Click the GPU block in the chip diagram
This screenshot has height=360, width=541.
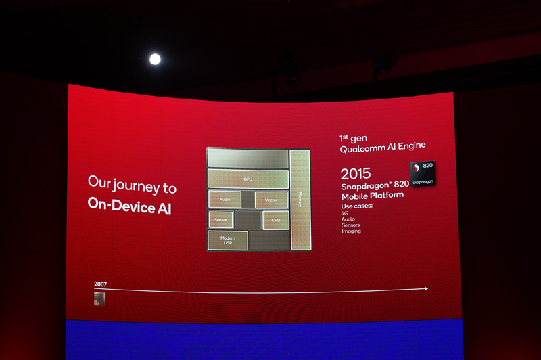tap(248, 179)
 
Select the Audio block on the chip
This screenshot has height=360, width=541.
tap(225, 200)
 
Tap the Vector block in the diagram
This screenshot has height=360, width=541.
tap(271, 200)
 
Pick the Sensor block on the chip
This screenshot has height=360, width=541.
tap(220, 220)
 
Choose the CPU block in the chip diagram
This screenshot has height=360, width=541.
tap(275, 220)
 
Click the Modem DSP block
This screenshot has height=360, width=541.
tap(227, 240)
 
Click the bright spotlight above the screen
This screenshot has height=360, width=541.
tap(155, 59)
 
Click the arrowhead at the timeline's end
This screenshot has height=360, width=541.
tap(425, 288)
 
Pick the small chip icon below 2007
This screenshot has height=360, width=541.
tap(100, 298)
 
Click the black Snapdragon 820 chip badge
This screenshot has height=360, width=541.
tap(422, 174)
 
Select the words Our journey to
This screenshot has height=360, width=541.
tap(132, 183)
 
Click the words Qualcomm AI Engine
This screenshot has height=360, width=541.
tap(383, 146)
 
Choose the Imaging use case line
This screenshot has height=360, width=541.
tap(351, 231)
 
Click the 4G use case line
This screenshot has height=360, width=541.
tap(345, 212)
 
